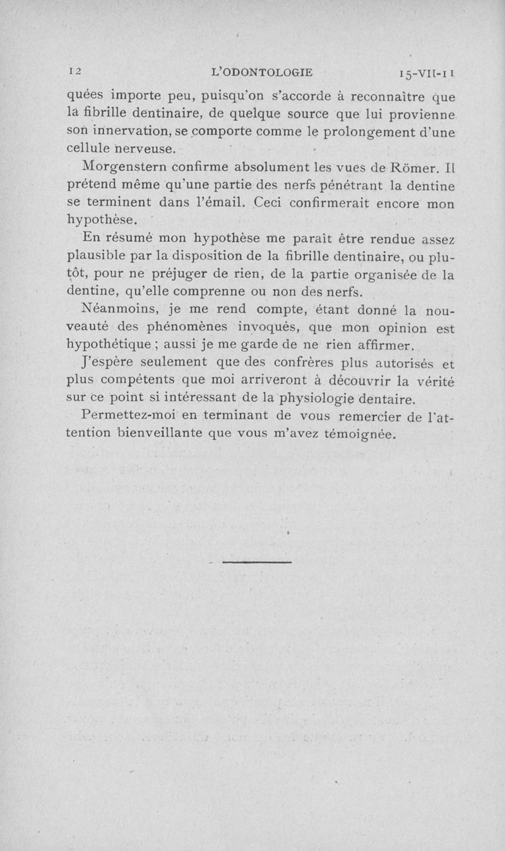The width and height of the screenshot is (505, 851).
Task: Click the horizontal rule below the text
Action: [x=258, y=561]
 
